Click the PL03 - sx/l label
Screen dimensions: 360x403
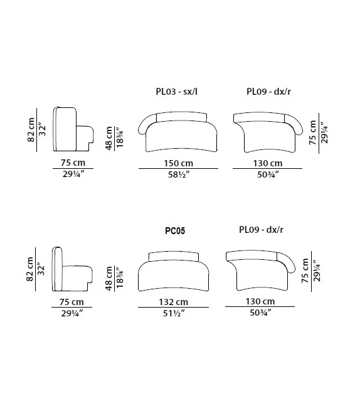pos(177,92)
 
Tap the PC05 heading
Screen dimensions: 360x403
pos(174,230)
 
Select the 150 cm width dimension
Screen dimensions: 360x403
pos(179,163)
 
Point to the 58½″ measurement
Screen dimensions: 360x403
pos(179,175)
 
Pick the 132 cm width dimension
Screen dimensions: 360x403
pos(173,302)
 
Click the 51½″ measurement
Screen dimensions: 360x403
pos(174,313)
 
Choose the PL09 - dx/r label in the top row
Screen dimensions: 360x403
pos(268,92)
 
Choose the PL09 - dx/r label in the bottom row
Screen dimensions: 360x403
pos(261,230)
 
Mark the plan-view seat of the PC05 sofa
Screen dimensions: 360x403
pos(174,276)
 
